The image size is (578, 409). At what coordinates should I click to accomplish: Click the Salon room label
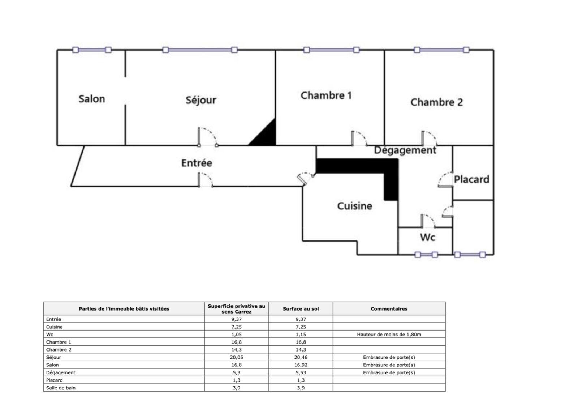click(92, 99)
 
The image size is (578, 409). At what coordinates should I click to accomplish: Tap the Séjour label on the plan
click(201, 100)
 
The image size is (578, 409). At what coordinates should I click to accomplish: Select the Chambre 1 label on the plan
click(326, 95)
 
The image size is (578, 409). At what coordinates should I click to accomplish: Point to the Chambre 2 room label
click(437, 102)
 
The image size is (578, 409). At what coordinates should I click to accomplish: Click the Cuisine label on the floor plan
click(355, 206)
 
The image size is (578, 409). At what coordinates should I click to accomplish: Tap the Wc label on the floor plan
click(428, 237)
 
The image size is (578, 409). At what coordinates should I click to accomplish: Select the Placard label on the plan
click(471, 179)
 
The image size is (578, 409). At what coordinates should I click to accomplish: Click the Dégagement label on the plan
click(405, 150)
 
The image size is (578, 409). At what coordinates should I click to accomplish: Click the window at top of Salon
click(92, 50)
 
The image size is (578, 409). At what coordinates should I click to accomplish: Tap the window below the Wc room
click(426, 255)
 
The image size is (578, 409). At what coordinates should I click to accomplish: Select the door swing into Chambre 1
click(359, 139)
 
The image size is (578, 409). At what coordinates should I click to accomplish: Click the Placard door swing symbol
click(446, 179)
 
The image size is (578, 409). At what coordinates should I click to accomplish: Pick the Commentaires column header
click(389, 309)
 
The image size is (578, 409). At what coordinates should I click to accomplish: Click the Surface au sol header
click(301, 309)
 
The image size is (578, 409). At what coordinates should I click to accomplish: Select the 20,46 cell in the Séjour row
click(301, 357)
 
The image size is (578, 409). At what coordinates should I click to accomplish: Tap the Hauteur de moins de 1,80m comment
click(389, 335)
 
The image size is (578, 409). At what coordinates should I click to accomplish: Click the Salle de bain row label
click(61, 388)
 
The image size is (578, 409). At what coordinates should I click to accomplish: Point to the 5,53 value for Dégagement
click(301, 372)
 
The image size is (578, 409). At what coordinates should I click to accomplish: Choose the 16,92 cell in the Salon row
click(301, 365)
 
